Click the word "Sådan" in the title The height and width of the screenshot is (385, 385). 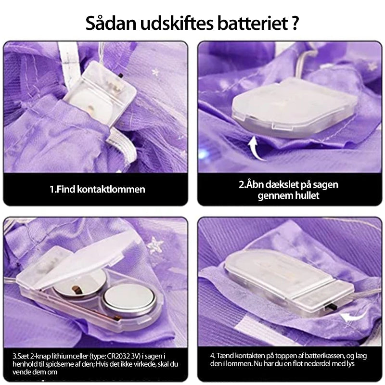pyautogui.click(x=111, y=23)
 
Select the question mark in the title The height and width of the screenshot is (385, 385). pyautogui.click(x=295, y=23)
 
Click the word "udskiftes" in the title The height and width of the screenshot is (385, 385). pyautogui.click(x=177, y=23)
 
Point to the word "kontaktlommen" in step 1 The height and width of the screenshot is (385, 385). pyautogui.click(x=111, y=189)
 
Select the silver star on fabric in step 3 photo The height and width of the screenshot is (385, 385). pyautogui.click(x=155, y=244)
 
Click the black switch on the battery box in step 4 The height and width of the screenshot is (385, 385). pyautogui.click(x=332, y=307)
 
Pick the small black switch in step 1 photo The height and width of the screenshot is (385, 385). pyautogui.click(x=121, y=75)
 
